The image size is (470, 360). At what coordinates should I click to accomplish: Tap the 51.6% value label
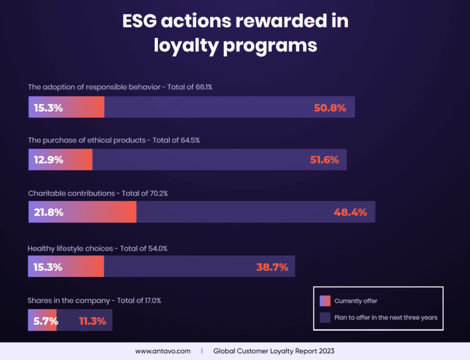[323, 160]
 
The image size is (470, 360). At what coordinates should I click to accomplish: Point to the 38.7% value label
[272, 267]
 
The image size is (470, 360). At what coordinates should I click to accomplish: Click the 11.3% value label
[92, 321]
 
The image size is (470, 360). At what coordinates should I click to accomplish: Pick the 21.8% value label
[48, 212]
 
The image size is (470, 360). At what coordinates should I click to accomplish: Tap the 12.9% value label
[48, 160]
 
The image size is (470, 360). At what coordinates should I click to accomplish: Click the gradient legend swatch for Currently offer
[325, 301]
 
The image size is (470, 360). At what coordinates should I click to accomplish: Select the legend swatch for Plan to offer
[325, 317]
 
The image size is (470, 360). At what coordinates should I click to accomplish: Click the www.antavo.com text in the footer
[156, 351]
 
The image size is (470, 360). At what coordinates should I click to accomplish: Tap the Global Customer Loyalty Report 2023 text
[274, 351]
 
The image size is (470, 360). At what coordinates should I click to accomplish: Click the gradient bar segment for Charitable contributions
[83, 212]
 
